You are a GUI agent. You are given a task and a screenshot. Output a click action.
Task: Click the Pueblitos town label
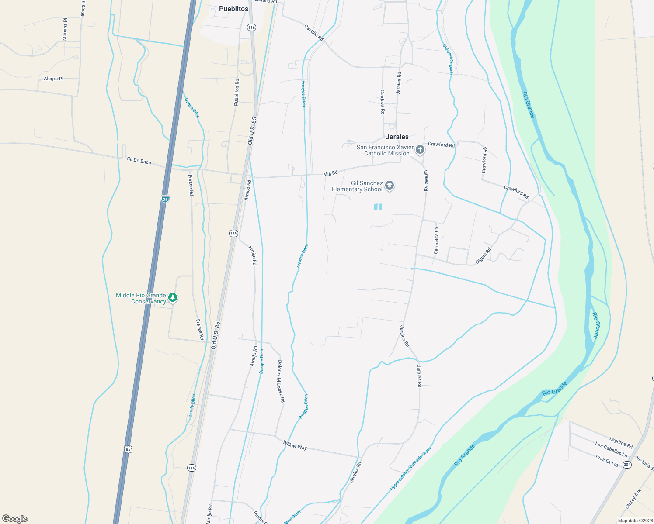(233, 9)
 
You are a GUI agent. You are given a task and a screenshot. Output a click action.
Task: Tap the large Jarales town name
(397, 137)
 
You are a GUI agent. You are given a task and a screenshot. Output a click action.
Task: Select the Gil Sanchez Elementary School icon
(390, 186)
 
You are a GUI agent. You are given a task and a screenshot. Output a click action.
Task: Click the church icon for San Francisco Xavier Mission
(420, 150)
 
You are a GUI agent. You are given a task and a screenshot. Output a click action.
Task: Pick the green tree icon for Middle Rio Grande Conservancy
(173, 298)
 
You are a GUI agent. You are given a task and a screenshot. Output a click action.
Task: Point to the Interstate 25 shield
(165, 199)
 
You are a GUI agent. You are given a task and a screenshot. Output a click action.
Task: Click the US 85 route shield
(128, 449)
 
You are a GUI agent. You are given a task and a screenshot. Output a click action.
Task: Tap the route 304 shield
(627, 465)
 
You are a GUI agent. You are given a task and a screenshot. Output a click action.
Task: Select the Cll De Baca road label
(139, 161)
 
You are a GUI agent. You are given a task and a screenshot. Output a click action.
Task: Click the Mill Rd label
(330, 173)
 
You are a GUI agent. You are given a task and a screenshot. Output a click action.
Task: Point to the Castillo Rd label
(314, 33)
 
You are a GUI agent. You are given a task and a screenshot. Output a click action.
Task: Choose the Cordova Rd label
(383, 102)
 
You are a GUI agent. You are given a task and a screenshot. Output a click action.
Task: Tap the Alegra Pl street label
(53, 79)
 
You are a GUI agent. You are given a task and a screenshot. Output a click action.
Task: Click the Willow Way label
(295, 445)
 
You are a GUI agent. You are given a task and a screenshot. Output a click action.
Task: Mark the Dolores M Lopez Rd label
(281, 381)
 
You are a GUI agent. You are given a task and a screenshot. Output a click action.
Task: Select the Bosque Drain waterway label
(261, 360)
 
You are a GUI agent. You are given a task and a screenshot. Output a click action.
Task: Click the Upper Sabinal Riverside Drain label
(410, 468)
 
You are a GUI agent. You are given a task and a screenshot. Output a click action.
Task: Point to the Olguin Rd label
(484, 256)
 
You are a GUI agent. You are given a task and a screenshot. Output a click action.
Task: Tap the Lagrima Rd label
(621, 442)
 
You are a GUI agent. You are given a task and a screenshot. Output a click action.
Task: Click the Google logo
(15, 519)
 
